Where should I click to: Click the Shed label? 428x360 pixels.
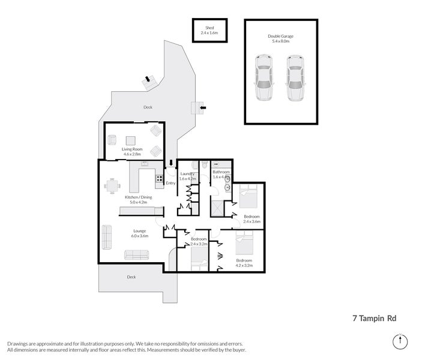click(209, 28)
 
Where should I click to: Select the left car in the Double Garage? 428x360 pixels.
click(263, 77)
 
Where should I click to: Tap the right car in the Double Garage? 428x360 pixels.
click(294, 77)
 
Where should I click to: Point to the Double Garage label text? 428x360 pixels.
click(280, 36)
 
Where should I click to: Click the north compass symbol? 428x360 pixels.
click(399, 341)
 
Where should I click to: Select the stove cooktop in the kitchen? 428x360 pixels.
click(160, 178)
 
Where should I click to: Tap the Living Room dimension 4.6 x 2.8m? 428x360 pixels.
click(130, 154)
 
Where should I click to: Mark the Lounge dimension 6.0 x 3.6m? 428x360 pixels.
click(139, 236)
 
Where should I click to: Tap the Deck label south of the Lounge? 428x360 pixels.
click(131, 277)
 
